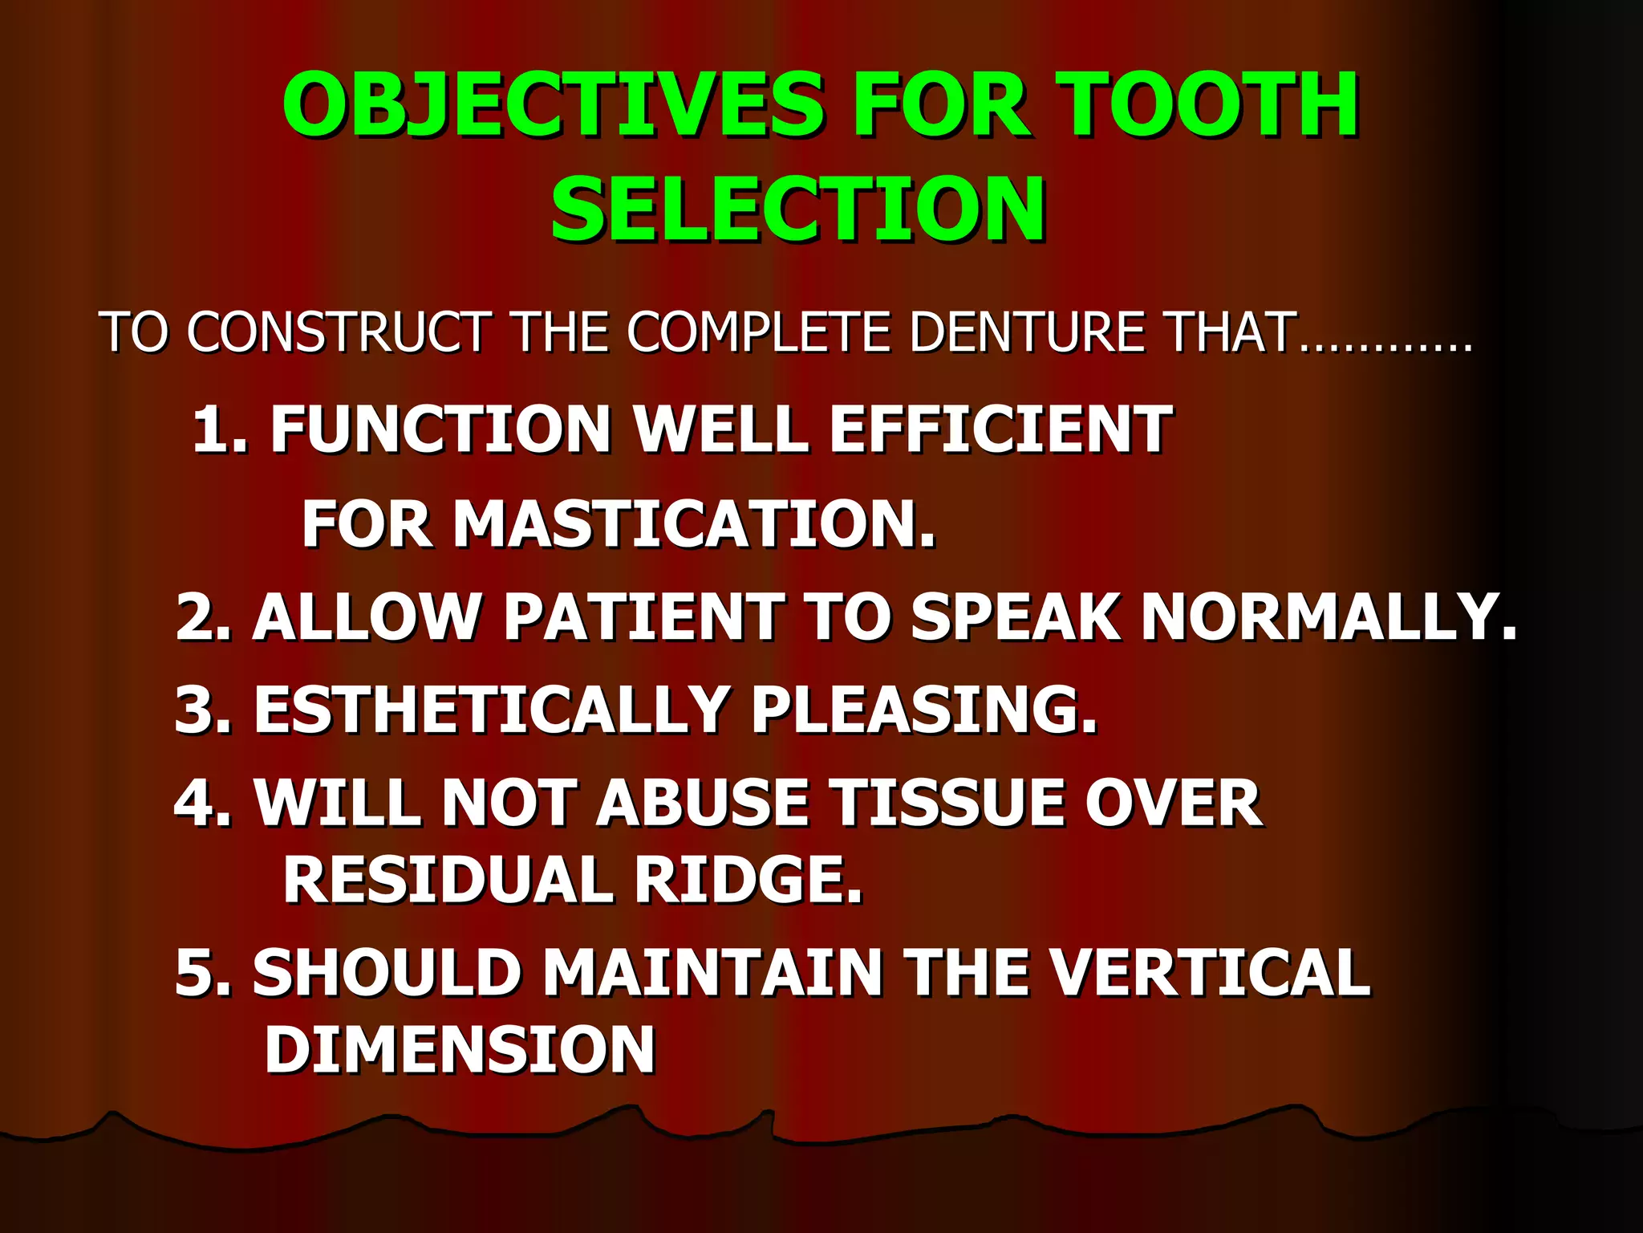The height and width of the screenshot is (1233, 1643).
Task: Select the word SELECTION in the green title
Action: pos(798,210)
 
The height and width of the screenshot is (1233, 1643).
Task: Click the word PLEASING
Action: pos(923,710)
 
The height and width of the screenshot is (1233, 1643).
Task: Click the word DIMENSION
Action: pos(460,1049)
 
